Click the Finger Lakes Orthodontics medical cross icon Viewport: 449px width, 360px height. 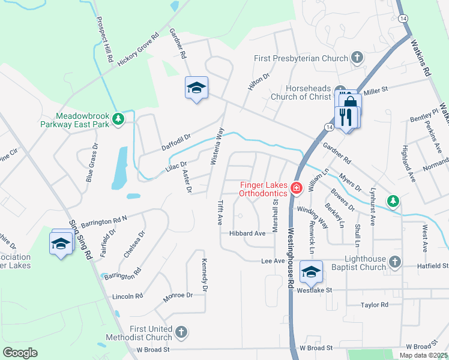[x=296, y=188]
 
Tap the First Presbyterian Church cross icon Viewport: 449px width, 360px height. [x=357, y=58]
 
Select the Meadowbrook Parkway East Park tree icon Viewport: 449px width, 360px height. [x=119, y=119]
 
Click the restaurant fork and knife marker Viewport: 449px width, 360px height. [x=346, y=116]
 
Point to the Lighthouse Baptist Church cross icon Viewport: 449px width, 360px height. [x=394, y=261]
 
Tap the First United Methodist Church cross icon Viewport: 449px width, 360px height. [x=181, y=332]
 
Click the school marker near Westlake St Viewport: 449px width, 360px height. [x=310, y=272]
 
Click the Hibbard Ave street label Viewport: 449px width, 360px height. [x=247, y=233]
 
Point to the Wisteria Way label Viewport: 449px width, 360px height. [x=219, y=146]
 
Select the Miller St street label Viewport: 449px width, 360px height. [x=376, y=89]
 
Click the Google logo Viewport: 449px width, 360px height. [x=20, y=353]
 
